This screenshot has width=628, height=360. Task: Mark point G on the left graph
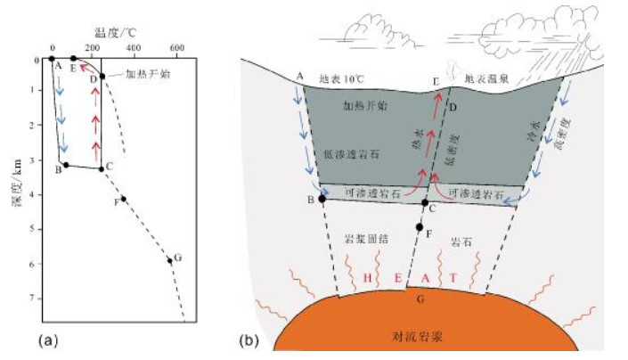[x=170, y=260]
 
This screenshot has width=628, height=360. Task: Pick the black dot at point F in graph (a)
[x=124, y=199]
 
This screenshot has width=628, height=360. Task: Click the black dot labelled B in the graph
[x=65, y=165]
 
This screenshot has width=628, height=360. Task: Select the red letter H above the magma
[x=367, y=278]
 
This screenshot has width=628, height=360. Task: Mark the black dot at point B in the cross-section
[x=322, y=198]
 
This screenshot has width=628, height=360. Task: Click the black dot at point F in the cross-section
[x=419, y=227]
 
